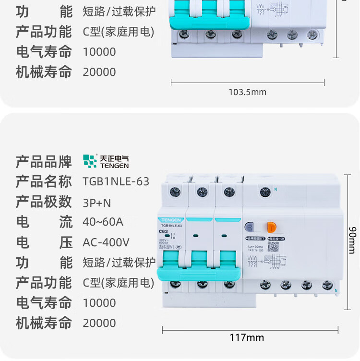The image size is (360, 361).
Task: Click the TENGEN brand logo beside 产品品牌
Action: (x=106, y=161)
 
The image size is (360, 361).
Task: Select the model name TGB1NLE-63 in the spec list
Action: (x=116, y=181)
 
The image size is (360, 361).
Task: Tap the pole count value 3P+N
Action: (x=97, y=203)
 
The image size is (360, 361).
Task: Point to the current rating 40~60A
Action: (x=103, y=222)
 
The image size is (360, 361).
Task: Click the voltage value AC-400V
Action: (x=106, y=242)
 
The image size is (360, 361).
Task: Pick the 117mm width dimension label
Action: (x=246, y=337)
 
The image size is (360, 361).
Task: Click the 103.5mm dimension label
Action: (x=247, y=92)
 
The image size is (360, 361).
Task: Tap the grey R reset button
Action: (x=250, y=228)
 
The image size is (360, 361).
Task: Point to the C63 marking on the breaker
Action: (x=163, y=231)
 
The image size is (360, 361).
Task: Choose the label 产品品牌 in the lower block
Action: (x=44, y=162)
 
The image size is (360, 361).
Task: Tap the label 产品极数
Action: (x=44, y=202)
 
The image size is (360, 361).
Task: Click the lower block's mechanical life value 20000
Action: (x=99, y=323)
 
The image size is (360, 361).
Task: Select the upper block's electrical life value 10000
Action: (x=99, y=52)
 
